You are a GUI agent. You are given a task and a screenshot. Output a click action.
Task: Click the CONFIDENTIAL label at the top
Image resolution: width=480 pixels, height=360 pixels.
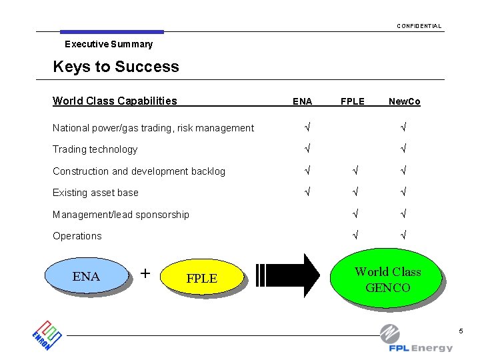(x=419, y=26)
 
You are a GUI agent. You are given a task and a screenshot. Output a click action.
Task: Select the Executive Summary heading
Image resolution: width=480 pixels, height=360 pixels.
(x=108, y=44)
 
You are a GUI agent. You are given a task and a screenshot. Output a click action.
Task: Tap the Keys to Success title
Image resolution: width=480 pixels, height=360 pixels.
(x=115, y=67)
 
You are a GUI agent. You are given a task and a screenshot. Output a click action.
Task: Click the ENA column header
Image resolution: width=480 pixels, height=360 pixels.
(x=302, y=101)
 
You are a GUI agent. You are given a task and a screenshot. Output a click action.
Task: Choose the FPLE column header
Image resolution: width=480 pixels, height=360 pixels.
(x=352, y=101)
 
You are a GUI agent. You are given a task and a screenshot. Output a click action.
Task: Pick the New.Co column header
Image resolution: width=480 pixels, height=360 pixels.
(x=404, y=101)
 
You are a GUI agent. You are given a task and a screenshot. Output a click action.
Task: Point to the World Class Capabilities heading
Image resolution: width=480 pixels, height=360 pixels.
(x=115, y=101)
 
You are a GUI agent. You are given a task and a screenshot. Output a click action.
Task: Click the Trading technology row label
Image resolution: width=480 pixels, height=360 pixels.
(x=95, y=149)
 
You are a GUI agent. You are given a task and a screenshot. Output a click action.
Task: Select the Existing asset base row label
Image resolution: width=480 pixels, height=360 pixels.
(x=95, y=193)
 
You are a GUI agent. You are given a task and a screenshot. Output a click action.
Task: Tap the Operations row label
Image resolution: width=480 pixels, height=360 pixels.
(x=77, y=236)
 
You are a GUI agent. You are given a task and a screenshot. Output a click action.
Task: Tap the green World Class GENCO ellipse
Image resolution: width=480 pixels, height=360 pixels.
(x=387, y=279)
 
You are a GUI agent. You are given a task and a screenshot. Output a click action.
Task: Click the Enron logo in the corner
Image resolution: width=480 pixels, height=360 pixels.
(x=47, y=334)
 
